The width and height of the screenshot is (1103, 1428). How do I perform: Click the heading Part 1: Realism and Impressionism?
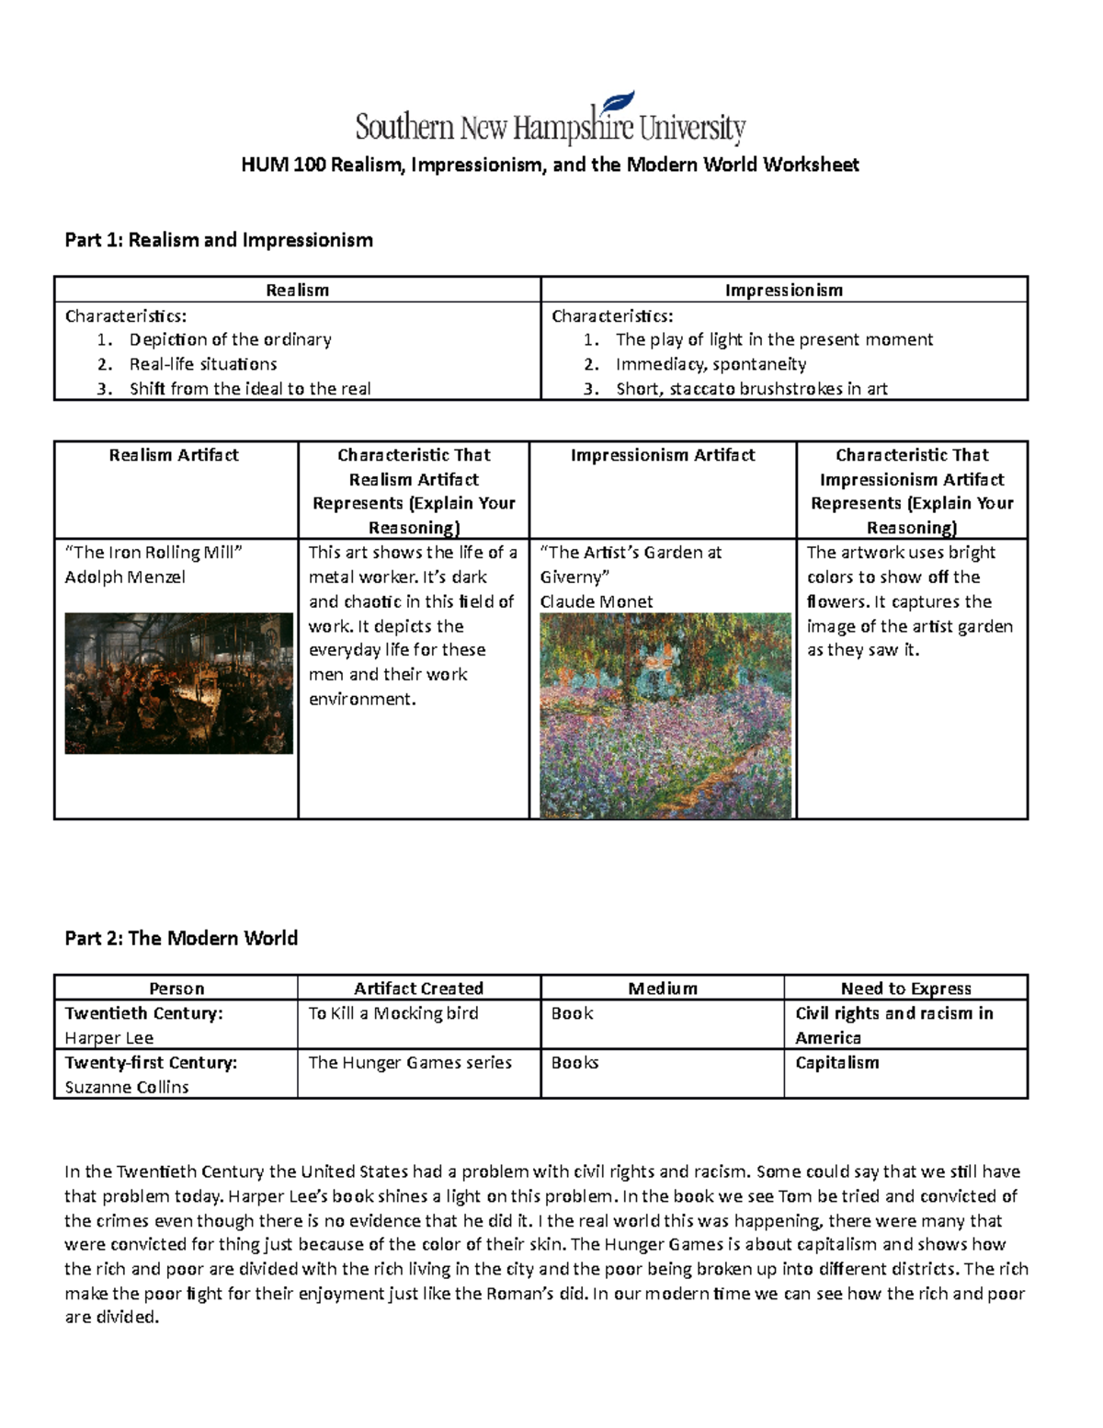(x=218, y=240)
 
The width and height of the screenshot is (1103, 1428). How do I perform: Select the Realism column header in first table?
(x=297, y=290)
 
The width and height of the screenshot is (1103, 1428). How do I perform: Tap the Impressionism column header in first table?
(x=783, y=290)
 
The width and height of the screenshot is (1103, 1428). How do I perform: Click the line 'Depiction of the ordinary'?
(x=230, y=339)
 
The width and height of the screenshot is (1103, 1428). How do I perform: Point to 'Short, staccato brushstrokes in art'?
(x=751, y=388)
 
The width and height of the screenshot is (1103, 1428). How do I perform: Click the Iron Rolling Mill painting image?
(x=178, y=683)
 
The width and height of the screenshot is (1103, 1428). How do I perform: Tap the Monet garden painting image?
(x=665, y=715)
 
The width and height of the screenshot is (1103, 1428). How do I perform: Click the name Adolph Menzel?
(x=125, y=577)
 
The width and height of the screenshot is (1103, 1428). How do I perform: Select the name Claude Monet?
(x=597, y=601)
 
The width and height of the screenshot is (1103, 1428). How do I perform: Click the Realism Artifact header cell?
(x=174, y=455)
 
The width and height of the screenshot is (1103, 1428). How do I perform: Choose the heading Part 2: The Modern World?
(x=181, y=938)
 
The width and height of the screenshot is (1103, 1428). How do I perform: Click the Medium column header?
(x=663, y=988)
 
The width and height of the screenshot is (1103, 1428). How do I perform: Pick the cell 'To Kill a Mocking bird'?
(x=392, y=1013)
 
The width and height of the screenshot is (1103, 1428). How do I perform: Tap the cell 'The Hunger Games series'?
(x=410, y=1062)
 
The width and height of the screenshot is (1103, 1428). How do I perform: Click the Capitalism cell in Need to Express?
(x=837, y=1062)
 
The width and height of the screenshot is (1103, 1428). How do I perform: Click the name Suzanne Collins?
(x=127, y=1087)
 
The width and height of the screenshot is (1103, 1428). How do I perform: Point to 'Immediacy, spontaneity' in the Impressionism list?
(x=711, y=364)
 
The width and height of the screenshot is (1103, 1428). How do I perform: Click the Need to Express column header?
(x=905, y=988)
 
